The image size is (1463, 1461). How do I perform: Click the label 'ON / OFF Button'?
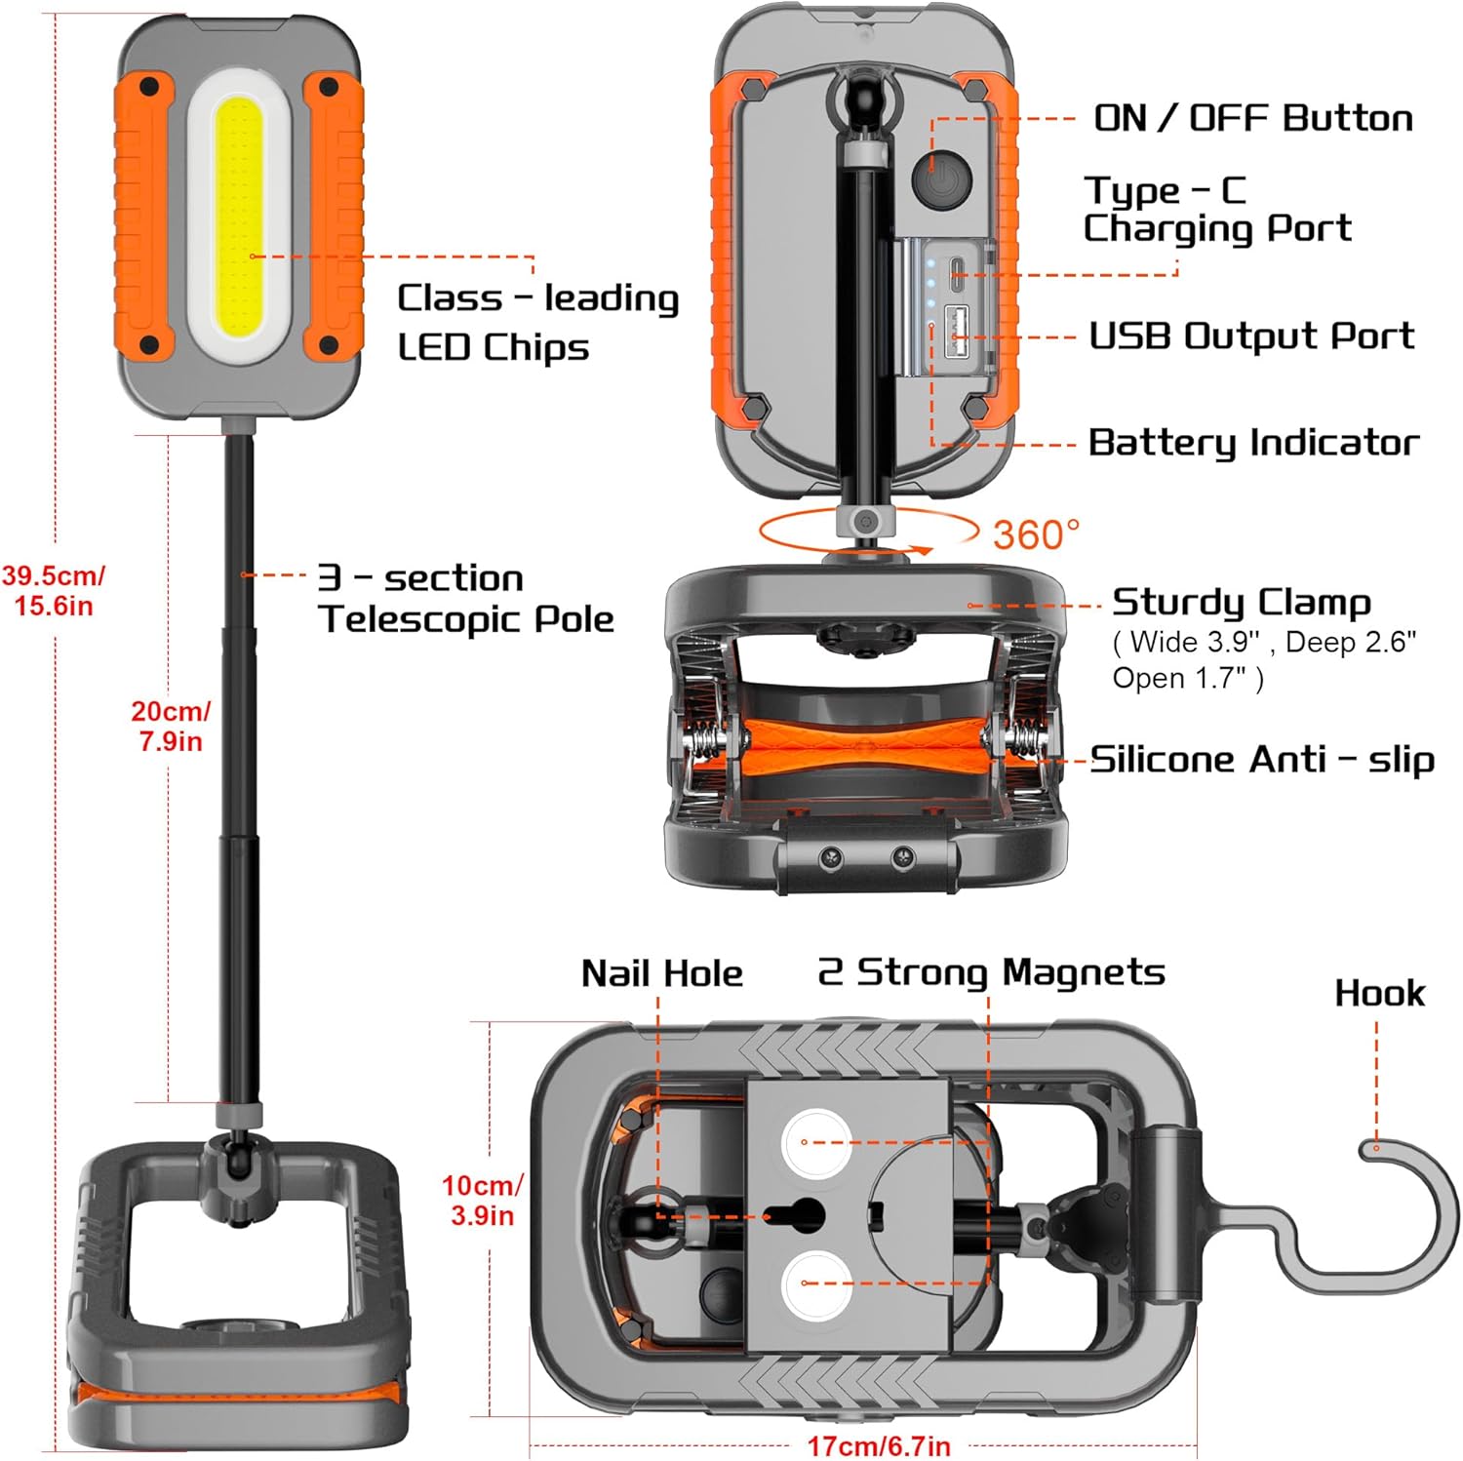(1252, 118)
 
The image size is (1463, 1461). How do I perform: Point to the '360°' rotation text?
(1036, 534)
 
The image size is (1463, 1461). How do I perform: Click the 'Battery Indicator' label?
(1252, 442)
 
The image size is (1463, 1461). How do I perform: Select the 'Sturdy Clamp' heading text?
(1241, 602)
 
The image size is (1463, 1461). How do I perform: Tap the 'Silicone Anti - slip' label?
(1261, 759)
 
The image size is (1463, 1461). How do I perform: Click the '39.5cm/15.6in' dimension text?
(54, 590)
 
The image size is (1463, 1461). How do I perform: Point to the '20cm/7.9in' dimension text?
(171, 726)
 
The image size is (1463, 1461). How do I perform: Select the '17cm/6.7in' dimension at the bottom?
(879, 1445)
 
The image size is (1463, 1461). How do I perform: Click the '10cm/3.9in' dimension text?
(482, 1200)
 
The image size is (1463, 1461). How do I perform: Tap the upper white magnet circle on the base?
(815, 1142)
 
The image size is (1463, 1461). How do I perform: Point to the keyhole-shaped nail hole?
(795, 1215)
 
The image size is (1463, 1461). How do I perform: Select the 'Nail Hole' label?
(661, 973)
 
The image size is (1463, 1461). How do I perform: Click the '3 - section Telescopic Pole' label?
(466, 598)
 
